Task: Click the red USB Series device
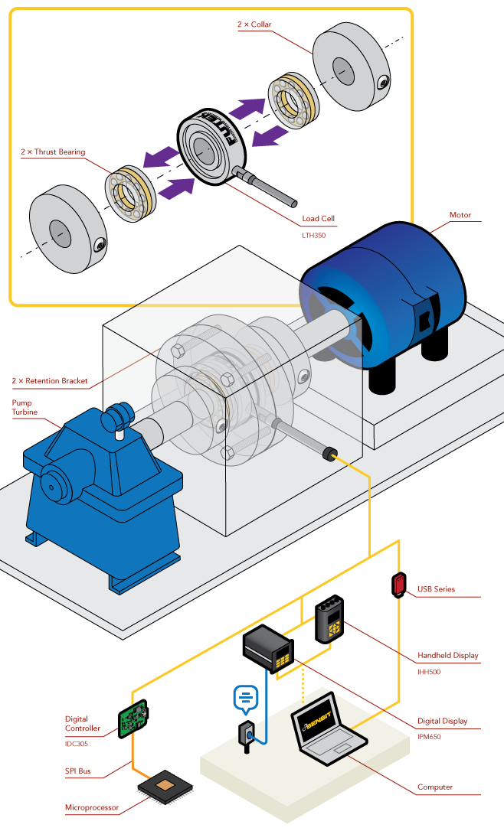coord(399,585)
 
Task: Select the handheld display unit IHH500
coord(329,618)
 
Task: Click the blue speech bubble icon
coord(246,697)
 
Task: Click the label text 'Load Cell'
coord(318,219)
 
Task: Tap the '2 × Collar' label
coord(254,24)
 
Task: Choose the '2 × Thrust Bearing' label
coord(53,152)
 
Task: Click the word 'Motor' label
coord(460,215)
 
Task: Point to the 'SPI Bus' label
coord(78,771)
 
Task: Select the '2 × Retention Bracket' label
coord(50,380)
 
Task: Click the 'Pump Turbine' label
coord(22,407)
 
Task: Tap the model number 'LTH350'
coord(314,236)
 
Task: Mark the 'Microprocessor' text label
coord(93,807)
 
